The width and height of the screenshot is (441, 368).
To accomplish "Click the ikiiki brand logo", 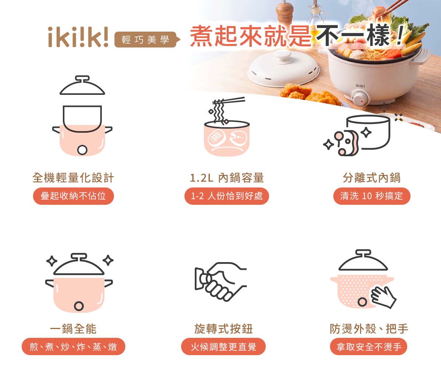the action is coord(78,37).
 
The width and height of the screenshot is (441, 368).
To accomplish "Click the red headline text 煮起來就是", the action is coord(251,36).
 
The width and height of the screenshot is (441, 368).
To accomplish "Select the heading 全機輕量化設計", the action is coord(73,178).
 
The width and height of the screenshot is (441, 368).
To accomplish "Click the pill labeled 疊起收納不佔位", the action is coord(73,196).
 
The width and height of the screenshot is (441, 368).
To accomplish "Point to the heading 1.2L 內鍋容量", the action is coord(227,178).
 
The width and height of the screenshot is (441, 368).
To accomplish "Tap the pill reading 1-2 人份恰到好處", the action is coord(227,196).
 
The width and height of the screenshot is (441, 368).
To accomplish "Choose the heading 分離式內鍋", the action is coord(372,178).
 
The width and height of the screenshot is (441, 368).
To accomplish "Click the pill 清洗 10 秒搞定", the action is coord(372,196).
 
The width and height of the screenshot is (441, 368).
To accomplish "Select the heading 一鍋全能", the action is coord(73,329).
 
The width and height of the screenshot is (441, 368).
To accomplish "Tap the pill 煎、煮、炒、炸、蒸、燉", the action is coord(73,347).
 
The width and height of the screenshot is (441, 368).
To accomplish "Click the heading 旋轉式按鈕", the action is coord(223,329).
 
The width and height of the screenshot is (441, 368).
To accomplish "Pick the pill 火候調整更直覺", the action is coord(223,347).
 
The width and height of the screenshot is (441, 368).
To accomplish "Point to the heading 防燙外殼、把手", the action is coord(369,329).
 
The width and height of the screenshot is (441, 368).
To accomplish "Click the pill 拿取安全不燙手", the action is coord(369,347).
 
